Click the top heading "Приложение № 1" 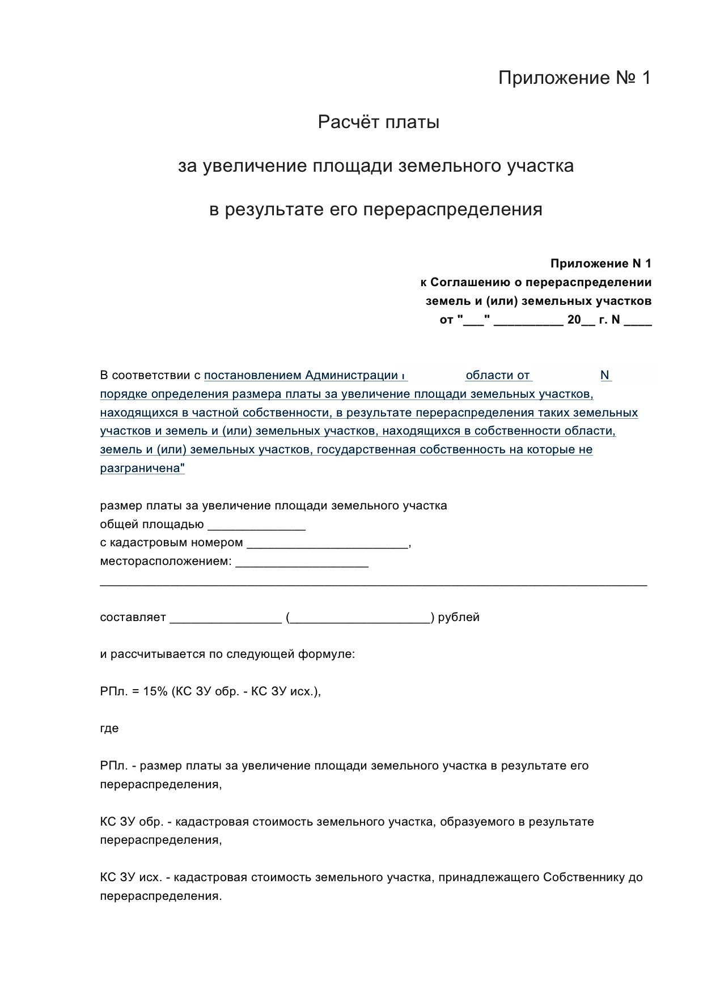(x=574, y=78)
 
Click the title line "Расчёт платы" (x=378, y=122)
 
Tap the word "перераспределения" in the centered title (x=452, y=210)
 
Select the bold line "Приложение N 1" (x=600, y=263)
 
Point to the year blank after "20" (x=588, y=321)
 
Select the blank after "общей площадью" (x=257, y=525)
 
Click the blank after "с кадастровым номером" (x=327, y=544)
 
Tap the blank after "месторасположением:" (x=302, y=563)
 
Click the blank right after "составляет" (x=225, y=618)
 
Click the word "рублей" (x=459, y=617)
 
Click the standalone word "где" (x=109, y=729)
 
